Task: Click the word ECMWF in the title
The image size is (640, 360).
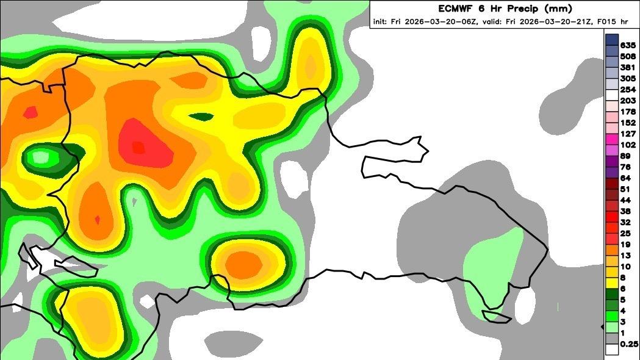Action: tap(455, 9)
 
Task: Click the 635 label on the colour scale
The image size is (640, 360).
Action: tap(628, 45)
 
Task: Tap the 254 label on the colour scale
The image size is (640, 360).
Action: tap(628, 90)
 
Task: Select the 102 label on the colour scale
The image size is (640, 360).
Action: tap(628, 145)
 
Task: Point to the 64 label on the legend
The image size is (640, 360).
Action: tap(625, 178)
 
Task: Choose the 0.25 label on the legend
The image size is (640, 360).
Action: tap(630, 344)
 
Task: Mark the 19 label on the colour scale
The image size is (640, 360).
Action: tap(625, 245)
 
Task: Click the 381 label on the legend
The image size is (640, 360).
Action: tap(628, 68)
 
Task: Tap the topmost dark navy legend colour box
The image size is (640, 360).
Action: tap(612, 40)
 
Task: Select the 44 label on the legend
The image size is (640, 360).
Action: tap(625, 200)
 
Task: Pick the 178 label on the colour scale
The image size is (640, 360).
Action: tap(628, 112)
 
